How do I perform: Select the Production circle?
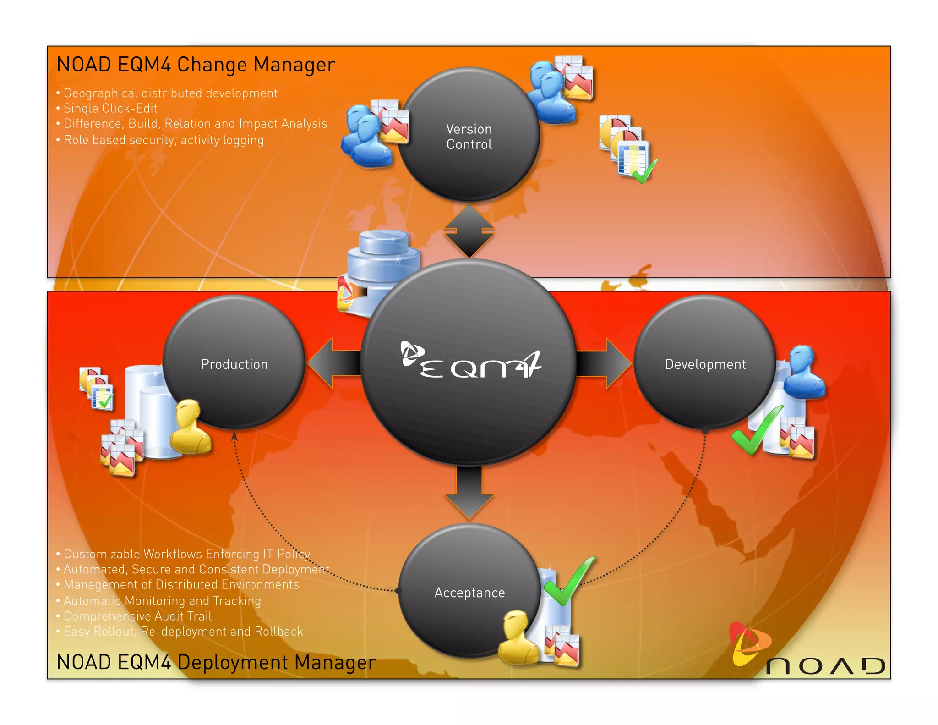(x=234, y=363)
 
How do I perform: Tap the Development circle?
(x=705, y=363)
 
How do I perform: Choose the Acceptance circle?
(x=469, y=592)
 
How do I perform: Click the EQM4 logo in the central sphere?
(x=470, y=362)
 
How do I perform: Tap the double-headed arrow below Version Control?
(x=469, y=231)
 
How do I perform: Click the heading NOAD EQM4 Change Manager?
(x=196, y=65)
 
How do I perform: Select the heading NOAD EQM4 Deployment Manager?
(x=216, y=662)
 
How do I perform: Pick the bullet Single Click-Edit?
(x=110, y=109)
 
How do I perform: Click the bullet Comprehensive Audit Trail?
(x=137, y=616)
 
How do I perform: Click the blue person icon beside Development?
(x=804, y=371)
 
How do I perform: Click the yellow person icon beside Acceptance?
(x=518, y=638)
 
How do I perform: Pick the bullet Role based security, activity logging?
(x=164, y=140)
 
